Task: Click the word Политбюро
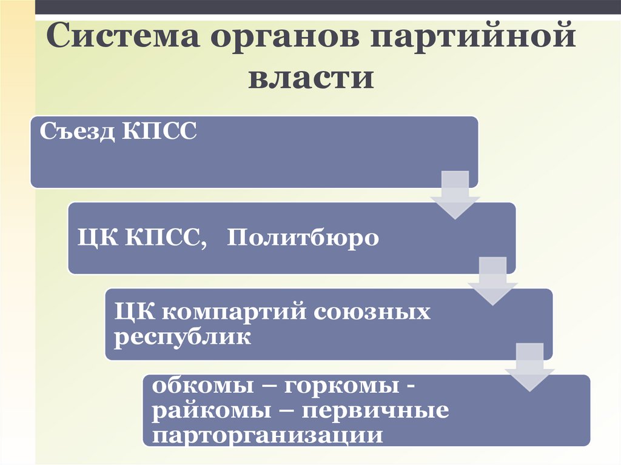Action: tap(303, 238)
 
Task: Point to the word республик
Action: tap(183, 337)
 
